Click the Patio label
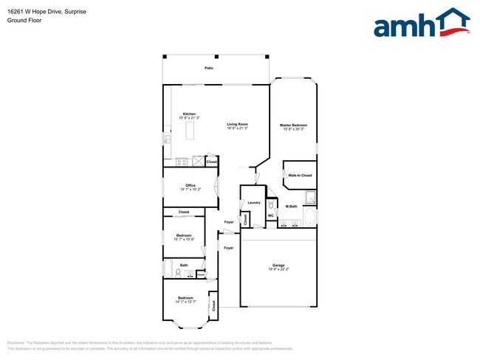coord(210,68)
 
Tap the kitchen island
coord(189,131)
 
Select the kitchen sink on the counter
coord(168,139)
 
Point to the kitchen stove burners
coord(180,162)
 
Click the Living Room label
coord(237,124)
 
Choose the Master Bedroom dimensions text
coord(293,130)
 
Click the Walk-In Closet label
coord(300,176)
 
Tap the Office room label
coord(190,185)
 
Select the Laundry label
coord(254,202)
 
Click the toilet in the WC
coord(271,203)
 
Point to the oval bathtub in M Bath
coord(311,218)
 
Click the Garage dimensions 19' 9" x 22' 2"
coord(278,269)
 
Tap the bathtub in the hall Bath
coord(168,267)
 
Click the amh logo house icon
coord(450,22)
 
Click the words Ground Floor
coord(24,21)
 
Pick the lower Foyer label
coord(228,248)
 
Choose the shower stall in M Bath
coord(311,197)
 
